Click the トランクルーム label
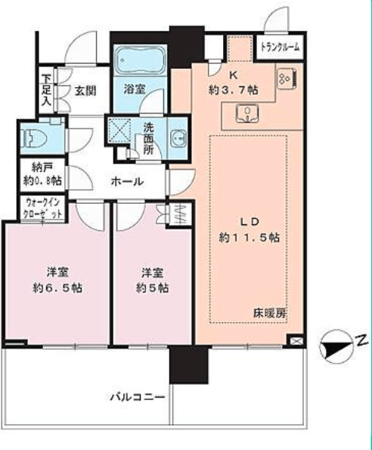(x=280, y=47)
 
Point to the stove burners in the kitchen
(x=287, y=78)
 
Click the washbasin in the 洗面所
(x=178, y=139)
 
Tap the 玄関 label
(x=85, y=91)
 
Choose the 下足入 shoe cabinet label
(x=46, y=90)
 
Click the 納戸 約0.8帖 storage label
(x=42, y=174)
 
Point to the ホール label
(x=127, y=181)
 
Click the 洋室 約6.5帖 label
(x=57, y=280)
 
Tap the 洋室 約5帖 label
(x=152, y=280)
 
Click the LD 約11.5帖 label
(x=250, y=230)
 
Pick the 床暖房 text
(x=270, y=314)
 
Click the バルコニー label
(x=138, y=397)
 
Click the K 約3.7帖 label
(x=234, y=83)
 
